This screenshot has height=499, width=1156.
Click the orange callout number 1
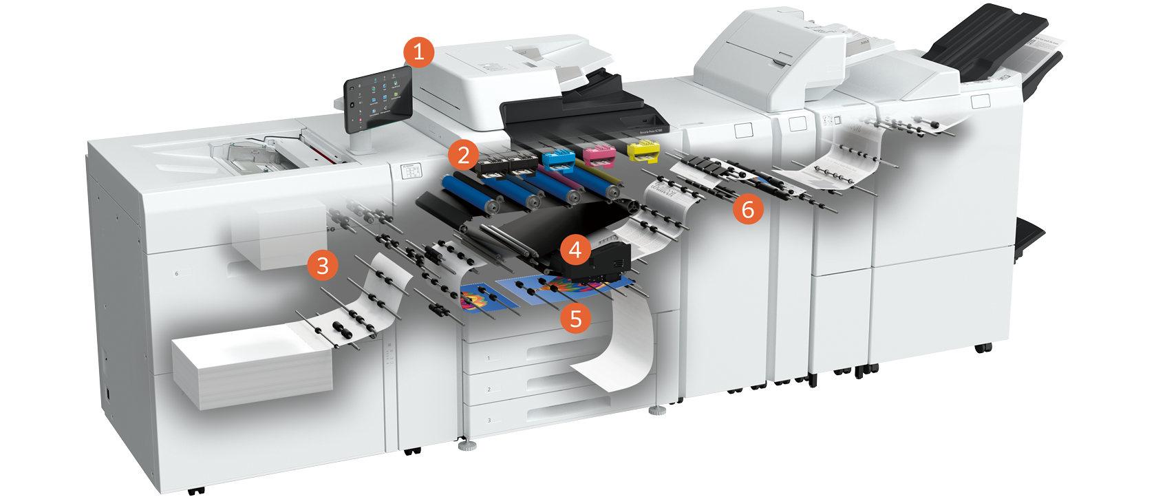pos(418,52)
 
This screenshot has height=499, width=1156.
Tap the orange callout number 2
pos(463,156)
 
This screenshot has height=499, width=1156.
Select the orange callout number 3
pos(323,265)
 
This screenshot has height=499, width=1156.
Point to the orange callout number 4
pos(575,250)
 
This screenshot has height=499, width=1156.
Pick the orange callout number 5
pos(575,319)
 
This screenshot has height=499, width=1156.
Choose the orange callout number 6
pos(748,209)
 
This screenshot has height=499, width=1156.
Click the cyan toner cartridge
pos(559,158)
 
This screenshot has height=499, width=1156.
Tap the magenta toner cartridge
pos(599,154)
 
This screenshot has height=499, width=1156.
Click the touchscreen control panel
pos(378,99)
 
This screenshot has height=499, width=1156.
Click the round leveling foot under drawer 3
pos(467,445)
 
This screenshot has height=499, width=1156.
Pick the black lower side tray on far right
pos(1029,237)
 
